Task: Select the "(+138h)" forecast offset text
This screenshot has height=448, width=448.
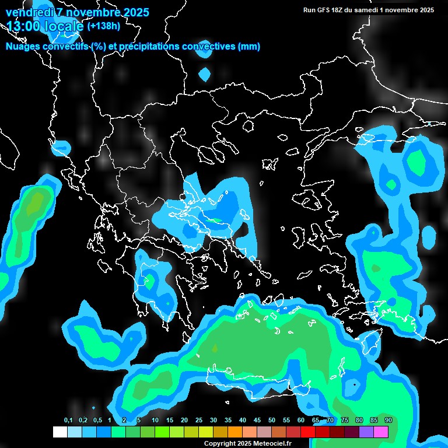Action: [x=104, y=26]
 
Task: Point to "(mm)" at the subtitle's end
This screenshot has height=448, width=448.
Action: [x=249, y=47]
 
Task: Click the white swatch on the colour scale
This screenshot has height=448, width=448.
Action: [x=60, y=432]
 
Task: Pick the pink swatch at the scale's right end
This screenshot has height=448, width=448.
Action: [x=381, y=432]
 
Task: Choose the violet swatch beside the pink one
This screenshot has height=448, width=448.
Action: [x=366, y=432]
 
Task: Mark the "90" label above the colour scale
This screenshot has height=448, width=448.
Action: [x=388, y=420]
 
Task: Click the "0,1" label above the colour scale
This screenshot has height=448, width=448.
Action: [x=68, y=420]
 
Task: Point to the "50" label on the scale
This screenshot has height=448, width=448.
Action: [x=272, y=420]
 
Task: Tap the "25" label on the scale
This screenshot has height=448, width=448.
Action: [x=199, y=420]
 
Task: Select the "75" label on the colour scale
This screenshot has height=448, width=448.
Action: [x=345, y=420]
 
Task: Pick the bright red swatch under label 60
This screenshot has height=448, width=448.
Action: [x=308, y=432]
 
